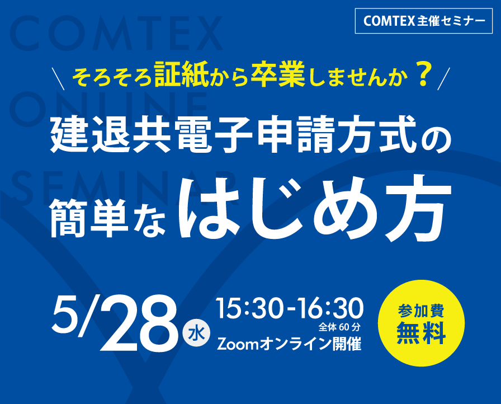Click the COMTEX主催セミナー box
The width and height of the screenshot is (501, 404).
pos(424,21)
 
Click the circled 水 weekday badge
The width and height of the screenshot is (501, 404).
pos(196,334)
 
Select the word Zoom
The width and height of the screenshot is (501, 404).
pos(237,343)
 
